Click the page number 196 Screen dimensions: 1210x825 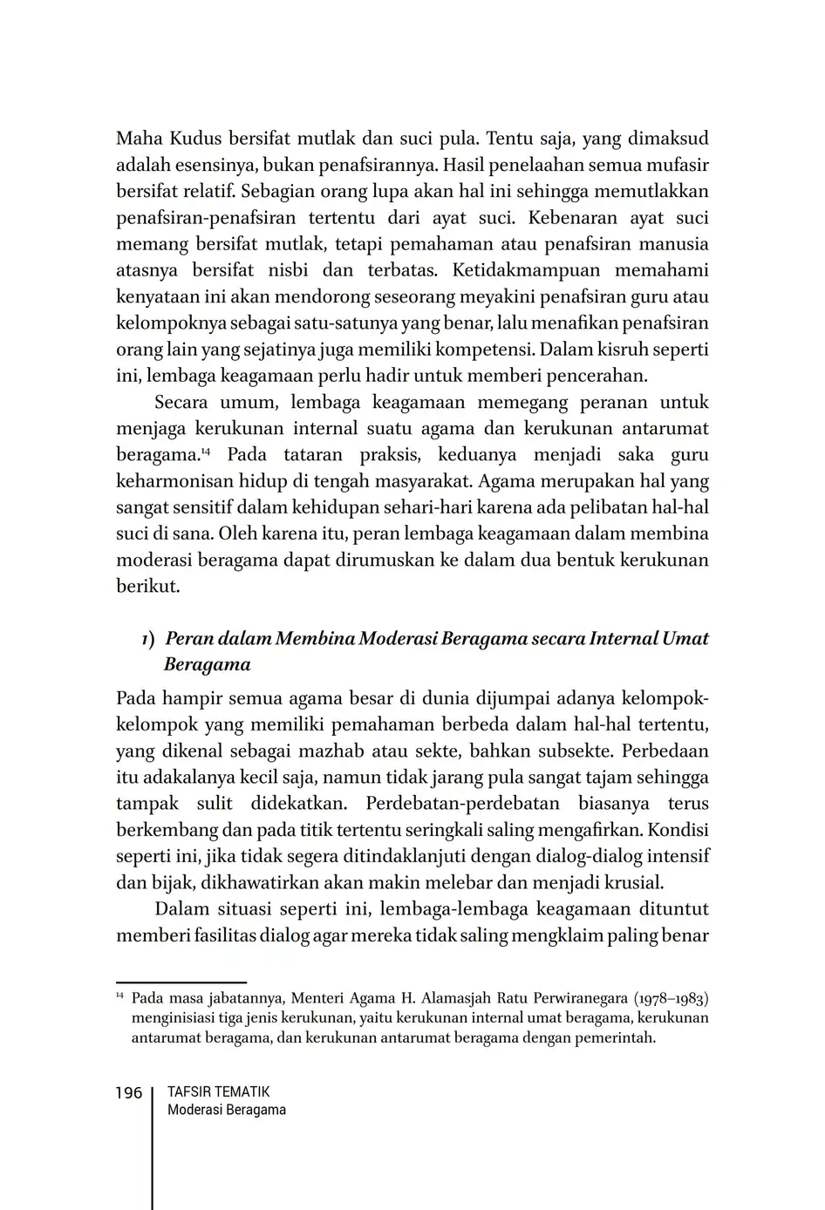pyautogui.click(x=128, y=1093)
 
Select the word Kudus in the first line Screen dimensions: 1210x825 pyautogui.click(x=194, y=139)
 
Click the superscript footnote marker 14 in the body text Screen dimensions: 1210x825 pyautogui.click(x=206, y=451)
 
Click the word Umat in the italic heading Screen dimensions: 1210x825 pyautogui.click(x=685, y=638)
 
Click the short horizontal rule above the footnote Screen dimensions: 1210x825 pyautogui.click(x=181, y=982)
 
